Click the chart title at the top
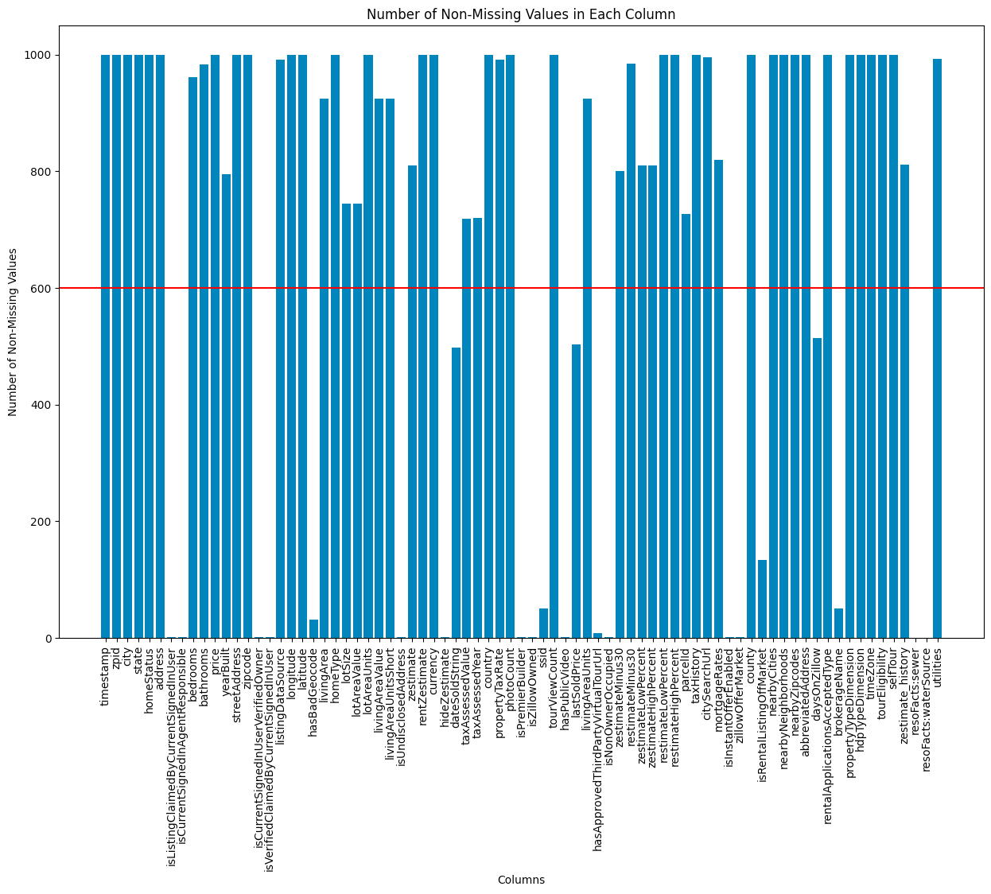point(521,14)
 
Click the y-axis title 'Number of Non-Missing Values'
point(14,332)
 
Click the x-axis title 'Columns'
point(521,880)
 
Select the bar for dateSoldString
point(456,493)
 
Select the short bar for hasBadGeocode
point(313,629)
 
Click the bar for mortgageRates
point(718,398)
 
